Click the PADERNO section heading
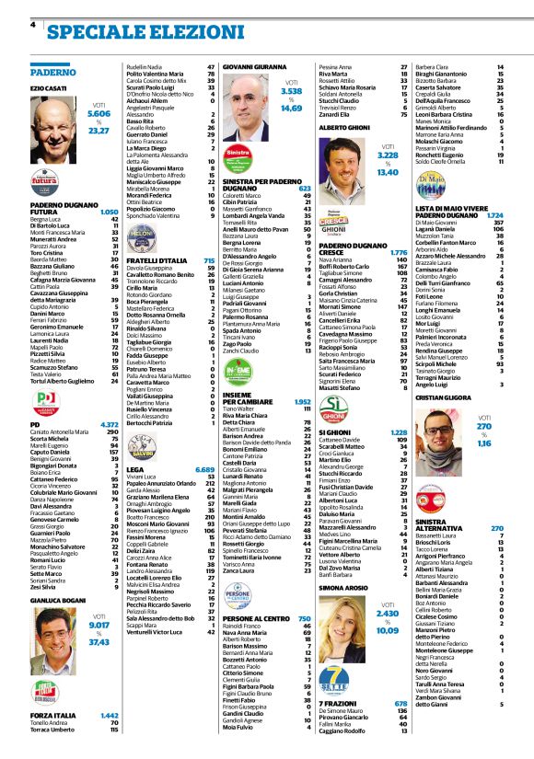click(x=52, y=71)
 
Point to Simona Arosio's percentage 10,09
click(x=388, y=631)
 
